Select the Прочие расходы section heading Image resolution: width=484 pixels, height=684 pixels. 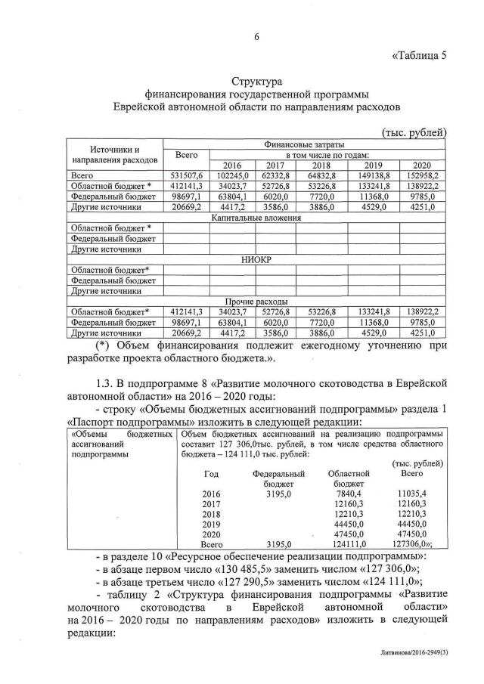256,301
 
